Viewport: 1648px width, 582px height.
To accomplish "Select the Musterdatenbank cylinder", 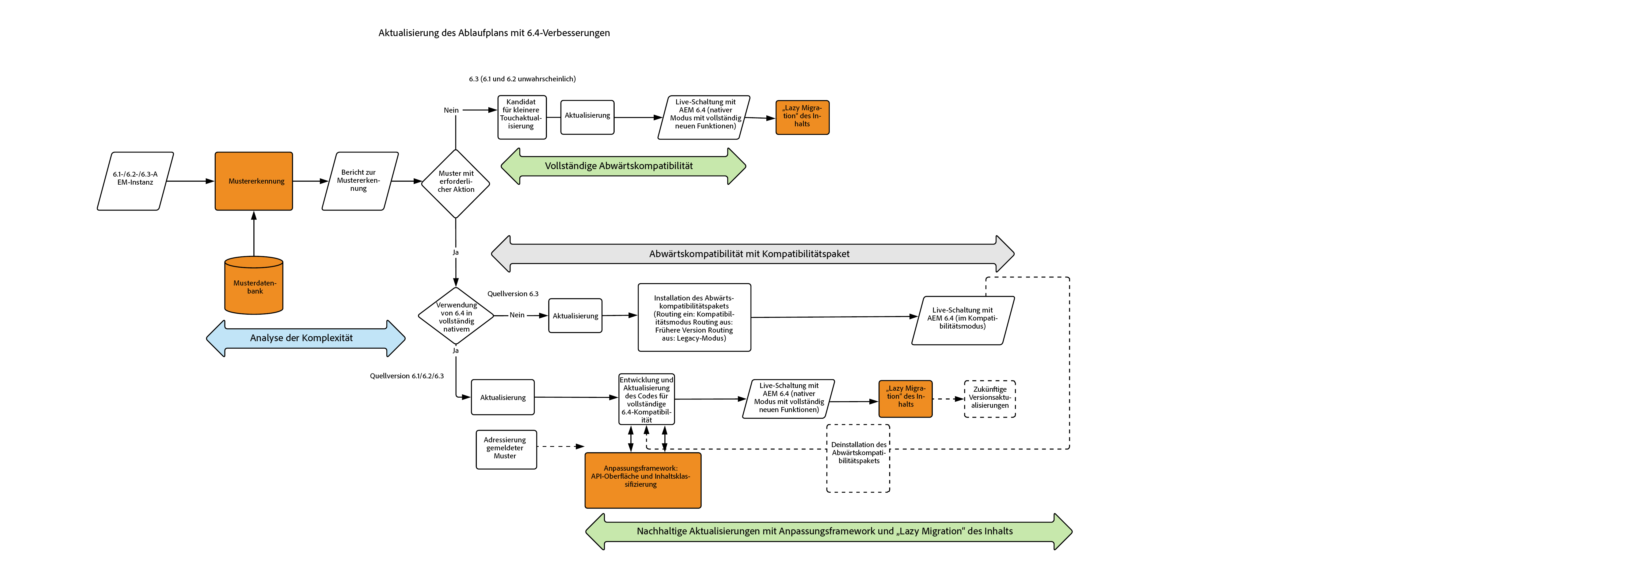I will [x=254, y=287].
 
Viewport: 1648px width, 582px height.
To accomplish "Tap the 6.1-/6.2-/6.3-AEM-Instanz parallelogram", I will [x=135, y=181].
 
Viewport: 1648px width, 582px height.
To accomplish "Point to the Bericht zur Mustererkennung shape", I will [x=360, y=181].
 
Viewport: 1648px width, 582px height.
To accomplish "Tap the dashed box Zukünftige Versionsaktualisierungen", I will [x=990, y=398].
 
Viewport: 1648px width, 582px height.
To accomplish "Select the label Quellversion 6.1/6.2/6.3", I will [x=407, y=376].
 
